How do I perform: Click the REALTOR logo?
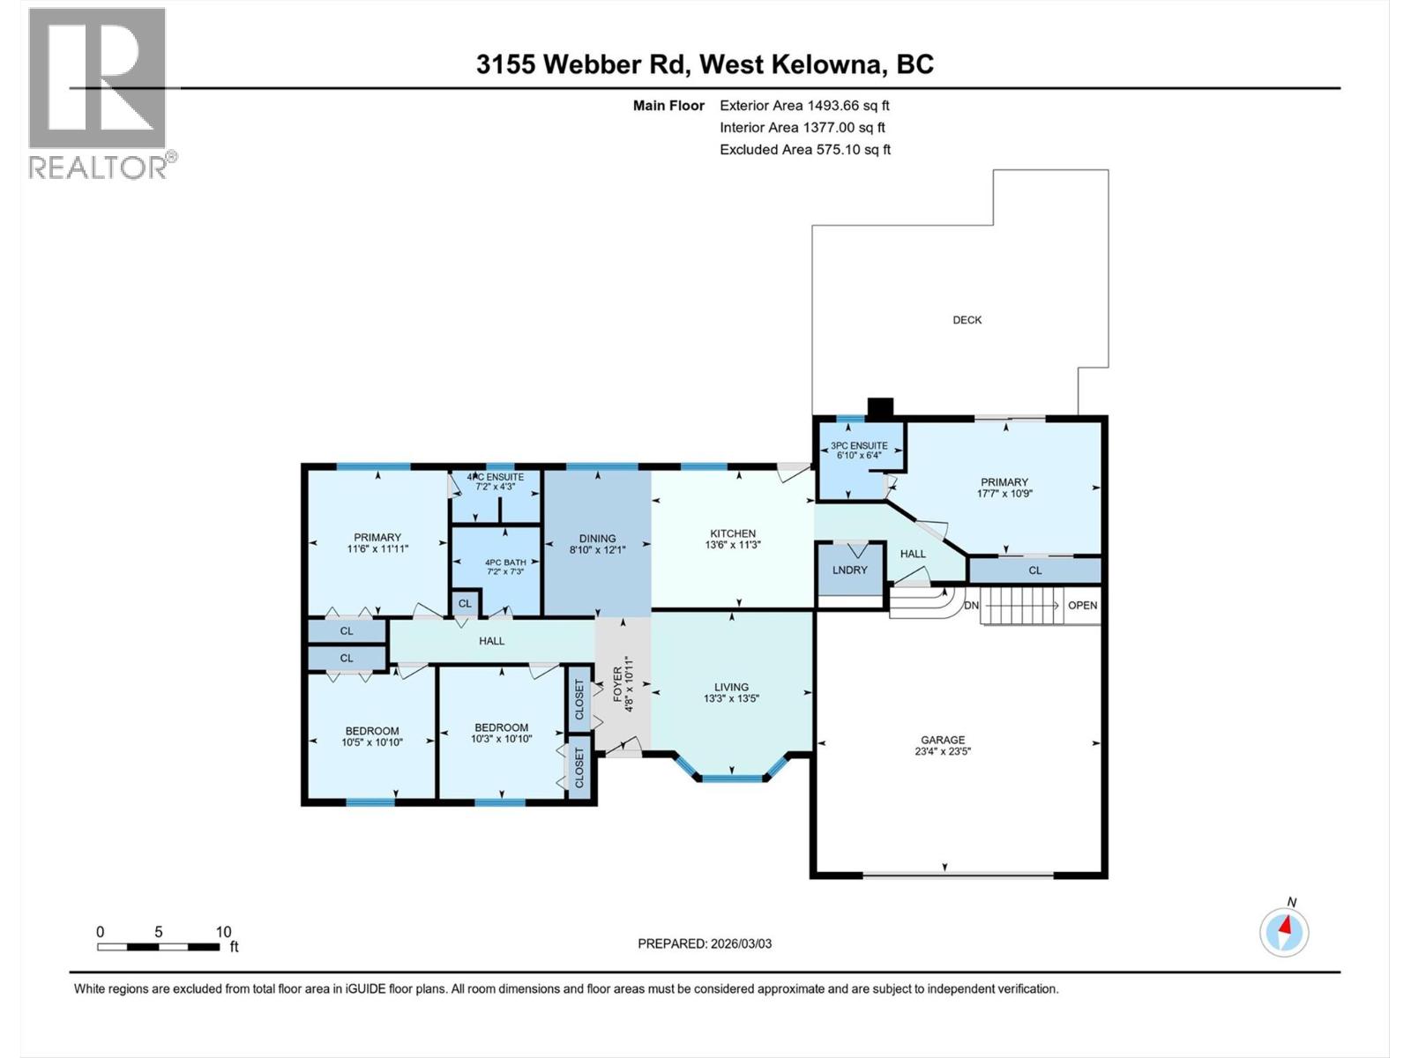[x=97, y=93]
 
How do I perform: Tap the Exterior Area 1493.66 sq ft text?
[x=804, y=106]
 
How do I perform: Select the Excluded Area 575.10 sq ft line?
[x=804, y=150]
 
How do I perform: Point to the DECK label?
[x=967, y=320]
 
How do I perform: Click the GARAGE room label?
[x=943, y=740]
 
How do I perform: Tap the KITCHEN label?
[x=733, y=533]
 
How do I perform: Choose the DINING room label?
[x=597, y=539]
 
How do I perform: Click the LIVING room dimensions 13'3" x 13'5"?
[x=731, y=698]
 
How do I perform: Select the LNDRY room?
[x=850, y=570]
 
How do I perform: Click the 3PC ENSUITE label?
[x=858, y=446]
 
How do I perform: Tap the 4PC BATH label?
[x=505, y=563]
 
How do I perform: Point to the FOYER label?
[x=617, y=683]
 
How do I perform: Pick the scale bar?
[x=159, y=947]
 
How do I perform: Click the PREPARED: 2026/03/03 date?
[x=705, y=943]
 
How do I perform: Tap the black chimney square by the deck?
[x=880, y=407]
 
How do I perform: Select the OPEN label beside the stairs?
[x=1082, y=605]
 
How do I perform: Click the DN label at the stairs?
[x=971, y=606]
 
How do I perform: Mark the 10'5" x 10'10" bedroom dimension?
[x=371, y=742]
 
